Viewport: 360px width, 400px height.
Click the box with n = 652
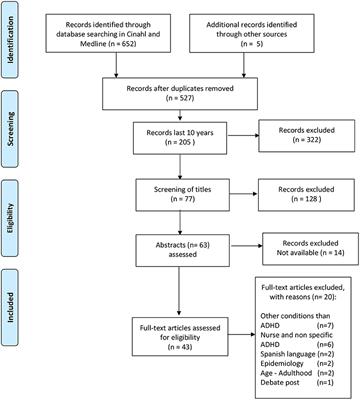(116, 34)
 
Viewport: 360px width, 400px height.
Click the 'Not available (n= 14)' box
(300, 250)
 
